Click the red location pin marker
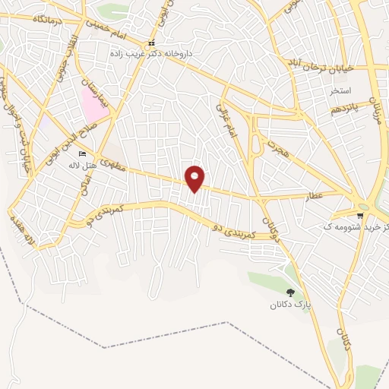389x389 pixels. [195, 178]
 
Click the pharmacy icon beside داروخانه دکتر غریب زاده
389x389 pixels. [151, 43]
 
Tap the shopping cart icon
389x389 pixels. [361, 214]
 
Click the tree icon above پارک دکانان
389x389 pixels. [290, 293]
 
